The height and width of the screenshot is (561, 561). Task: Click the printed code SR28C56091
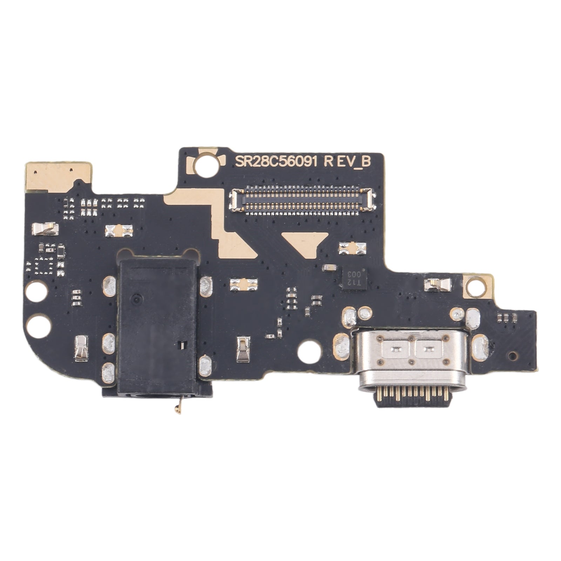tap(276, 162)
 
